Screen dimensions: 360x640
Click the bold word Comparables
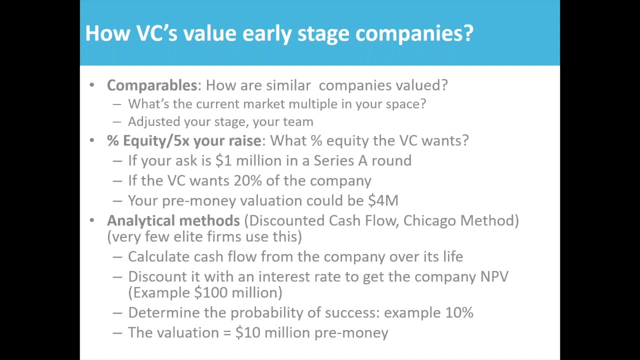(152, 85)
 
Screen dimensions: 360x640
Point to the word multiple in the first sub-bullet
(311, 104)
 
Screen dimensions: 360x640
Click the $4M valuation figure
(383, 200)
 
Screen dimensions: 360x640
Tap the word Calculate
(158, 256)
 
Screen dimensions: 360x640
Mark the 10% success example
(458, 312)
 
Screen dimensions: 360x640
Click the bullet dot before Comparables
(91, 85)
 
